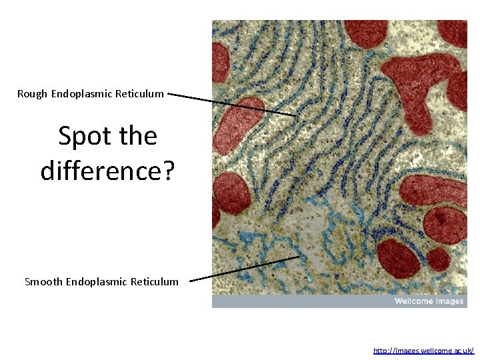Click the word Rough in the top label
(x=33, y=94)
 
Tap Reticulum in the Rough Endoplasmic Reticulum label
(x=139, y=94)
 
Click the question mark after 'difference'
(x=168, y=171)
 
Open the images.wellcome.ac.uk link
(x=423, y=350)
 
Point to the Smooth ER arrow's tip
(x=299, y=257)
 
